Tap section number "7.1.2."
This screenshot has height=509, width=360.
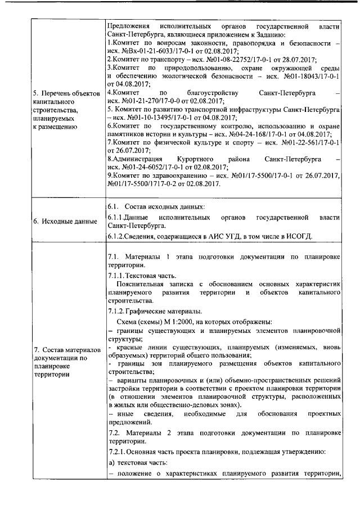(118, 311)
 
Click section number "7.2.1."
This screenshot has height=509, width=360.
(118, 452)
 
